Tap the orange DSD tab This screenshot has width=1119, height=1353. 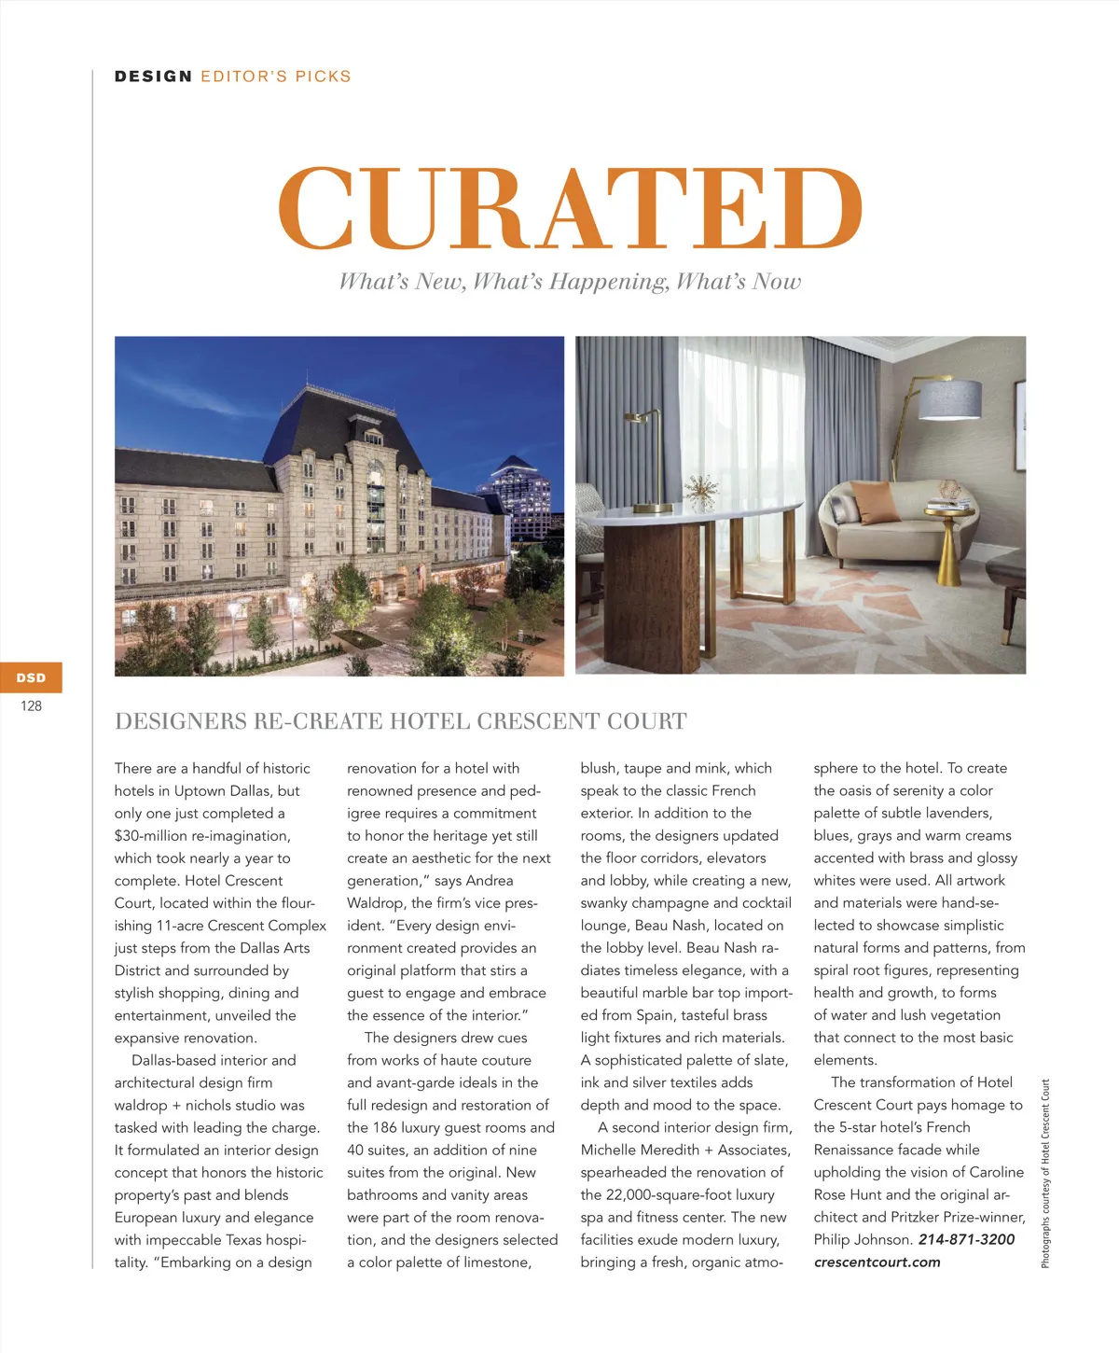(31, 677)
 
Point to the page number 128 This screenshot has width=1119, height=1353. (31, 706)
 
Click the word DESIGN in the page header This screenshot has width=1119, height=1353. (153, 77)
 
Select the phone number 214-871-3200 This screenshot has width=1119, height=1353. (966, 1239)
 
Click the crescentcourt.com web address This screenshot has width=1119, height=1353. (877, 1262)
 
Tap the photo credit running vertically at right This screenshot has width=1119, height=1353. (1045, 1173)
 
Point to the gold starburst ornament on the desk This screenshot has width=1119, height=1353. (701, 491)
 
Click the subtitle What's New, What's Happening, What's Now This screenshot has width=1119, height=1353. (570, 281)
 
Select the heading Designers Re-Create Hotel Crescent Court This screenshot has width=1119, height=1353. (400, 721)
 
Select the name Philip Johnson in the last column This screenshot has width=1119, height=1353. (863, 1239)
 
